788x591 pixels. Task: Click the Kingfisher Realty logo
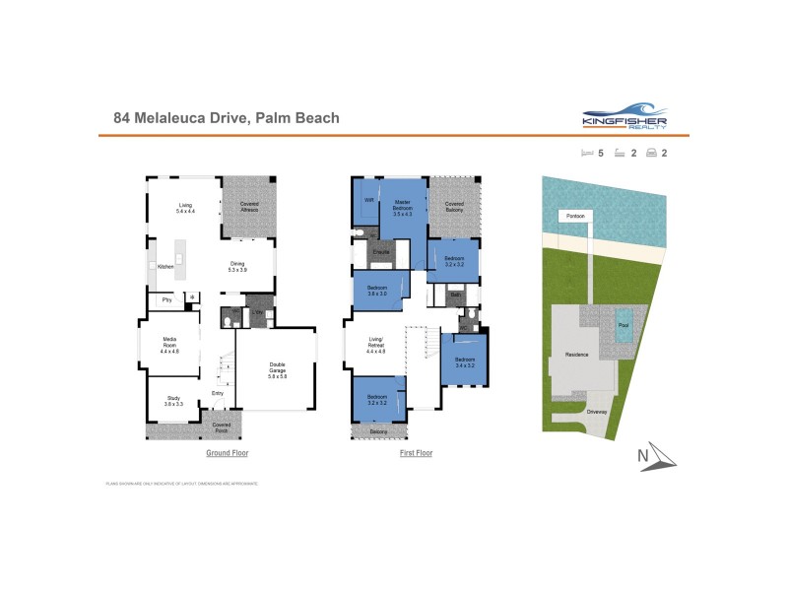pos(625,118)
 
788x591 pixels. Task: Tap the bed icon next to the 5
pos(588,153)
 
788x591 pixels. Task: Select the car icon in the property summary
pos(651,153)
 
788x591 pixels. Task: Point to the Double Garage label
pos(277,370)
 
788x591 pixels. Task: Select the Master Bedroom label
pos(402,207)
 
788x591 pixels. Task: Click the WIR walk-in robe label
pos(369,200)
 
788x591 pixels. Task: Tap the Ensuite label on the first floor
pos(382,252)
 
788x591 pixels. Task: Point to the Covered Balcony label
pos(454,206)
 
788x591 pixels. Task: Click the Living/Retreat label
pos(375,347)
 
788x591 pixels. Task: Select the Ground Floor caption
pos(227,453)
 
